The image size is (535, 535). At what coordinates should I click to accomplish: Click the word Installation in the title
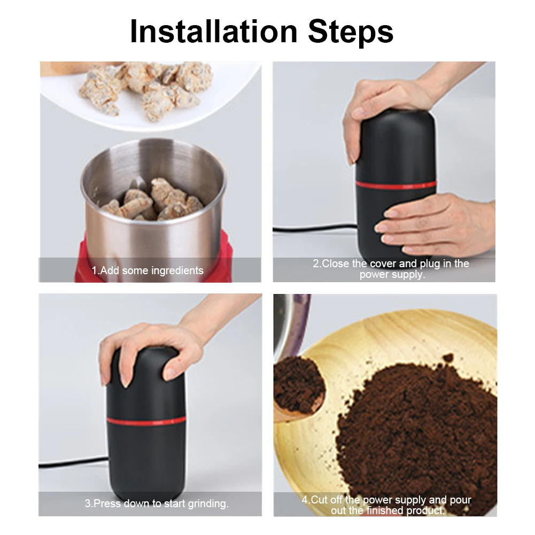214,32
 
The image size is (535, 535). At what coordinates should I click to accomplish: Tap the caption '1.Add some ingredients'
148,270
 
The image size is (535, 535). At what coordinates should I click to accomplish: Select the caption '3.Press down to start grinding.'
157,503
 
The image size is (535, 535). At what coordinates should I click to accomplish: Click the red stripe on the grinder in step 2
396,185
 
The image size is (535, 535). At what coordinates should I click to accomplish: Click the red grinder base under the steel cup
153,259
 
